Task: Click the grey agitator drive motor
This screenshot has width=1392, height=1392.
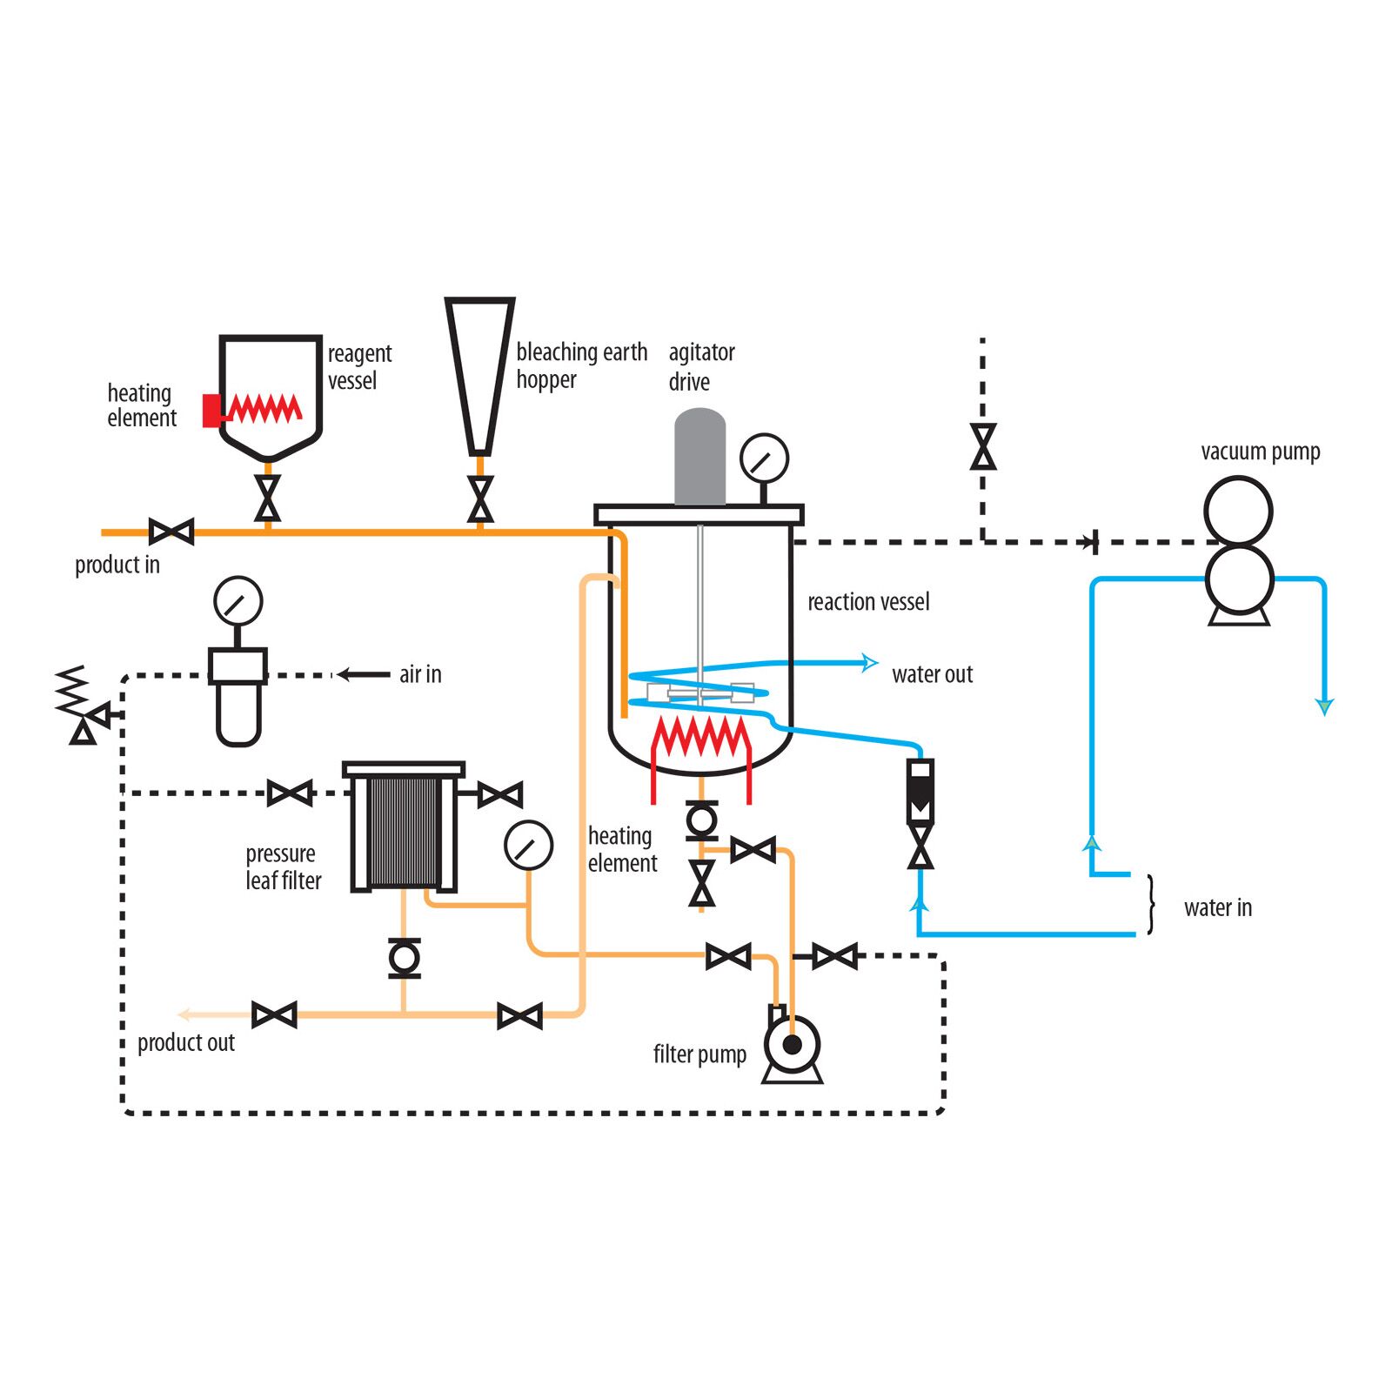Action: tap(699, 457)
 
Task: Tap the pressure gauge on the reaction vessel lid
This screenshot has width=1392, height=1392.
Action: tap(764, 458)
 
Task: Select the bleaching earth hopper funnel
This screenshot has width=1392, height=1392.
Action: tap(479, 374)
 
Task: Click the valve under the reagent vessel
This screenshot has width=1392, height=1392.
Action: tap(268, 499)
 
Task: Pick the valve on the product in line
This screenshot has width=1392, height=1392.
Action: tap(171, 532)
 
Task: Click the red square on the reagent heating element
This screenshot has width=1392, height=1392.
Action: tap(211, 411)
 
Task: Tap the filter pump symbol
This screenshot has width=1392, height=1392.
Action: tap(792, 1046)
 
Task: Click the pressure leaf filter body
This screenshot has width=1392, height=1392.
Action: tap(404, 831)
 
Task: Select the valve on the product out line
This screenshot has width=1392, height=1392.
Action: tap(274, 1015)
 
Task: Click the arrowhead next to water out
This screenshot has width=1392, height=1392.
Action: tap(868, 663)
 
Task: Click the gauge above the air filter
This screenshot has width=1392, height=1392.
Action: tap(238, 601)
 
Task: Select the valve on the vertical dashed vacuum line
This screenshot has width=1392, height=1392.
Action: tap(983, 447)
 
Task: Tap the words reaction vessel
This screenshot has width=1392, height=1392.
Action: tap(868, 602)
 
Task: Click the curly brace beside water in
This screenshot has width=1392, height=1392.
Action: tap(1151, 905)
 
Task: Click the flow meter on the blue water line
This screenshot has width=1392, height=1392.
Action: tap(920, 792)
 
